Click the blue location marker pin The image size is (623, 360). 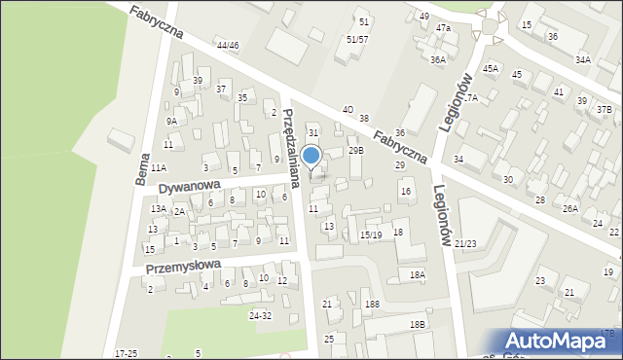(x=311, y=157)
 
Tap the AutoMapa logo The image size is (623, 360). (x=562, y=341)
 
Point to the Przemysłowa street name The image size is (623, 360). (x=183, y=266)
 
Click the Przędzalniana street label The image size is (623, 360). (x=291, y=134)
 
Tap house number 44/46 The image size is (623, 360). (x=228, y=46)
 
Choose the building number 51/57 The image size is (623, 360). (x=357, y=39)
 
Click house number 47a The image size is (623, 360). (x=443, y=28)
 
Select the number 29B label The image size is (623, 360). (x=356, y=150)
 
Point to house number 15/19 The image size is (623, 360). (x=370, y=234)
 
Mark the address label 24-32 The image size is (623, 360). (x=261, y=316)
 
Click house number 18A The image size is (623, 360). (x=417, y=275)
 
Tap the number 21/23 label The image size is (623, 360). (x=466, y=243)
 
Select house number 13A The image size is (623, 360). (x=158, y=209)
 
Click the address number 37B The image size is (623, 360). (x=605, y=109)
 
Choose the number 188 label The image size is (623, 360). (x=372, y=305)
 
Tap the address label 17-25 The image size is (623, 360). (x=126, y=353)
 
